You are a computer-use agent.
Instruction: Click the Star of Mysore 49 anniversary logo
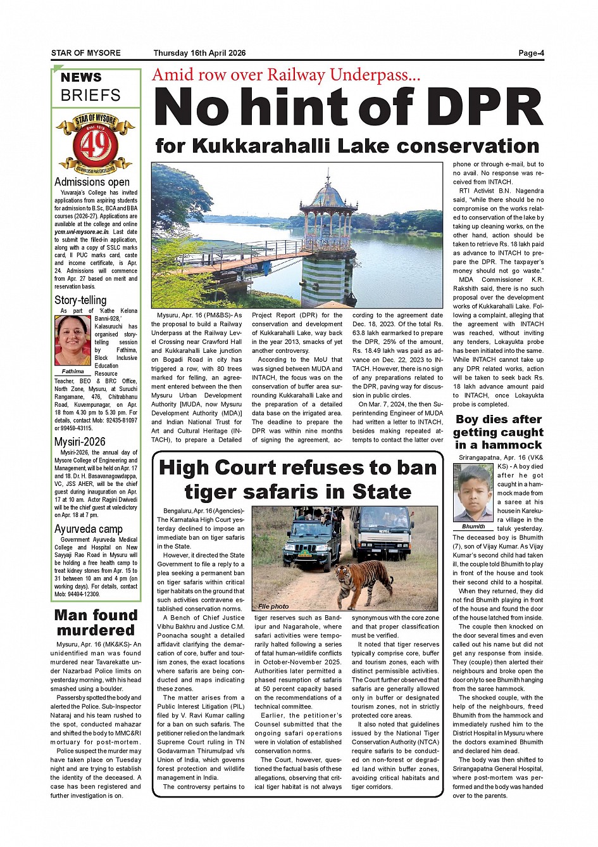95,144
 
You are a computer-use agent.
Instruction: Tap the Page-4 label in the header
530,53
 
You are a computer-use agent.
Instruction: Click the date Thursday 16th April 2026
199,53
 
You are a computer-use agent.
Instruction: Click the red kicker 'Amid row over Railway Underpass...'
286,75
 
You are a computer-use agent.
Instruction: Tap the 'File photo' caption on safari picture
273,606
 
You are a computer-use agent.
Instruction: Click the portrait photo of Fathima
73,340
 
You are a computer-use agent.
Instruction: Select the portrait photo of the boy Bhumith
473,493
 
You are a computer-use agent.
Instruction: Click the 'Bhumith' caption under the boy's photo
473,526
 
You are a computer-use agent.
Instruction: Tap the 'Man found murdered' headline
96,622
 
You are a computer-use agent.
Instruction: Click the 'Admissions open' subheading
92,182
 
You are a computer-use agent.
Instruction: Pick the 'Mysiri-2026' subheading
80,442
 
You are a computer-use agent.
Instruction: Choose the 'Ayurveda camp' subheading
88,529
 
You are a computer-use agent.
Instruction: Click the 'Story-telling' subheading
80,300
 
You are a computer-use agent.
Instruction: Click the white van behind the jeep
382,532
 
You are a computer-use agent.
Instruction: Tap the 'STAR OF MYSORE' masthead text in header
85,53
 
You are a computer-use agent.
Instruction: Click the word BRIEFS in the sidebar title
90,96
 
